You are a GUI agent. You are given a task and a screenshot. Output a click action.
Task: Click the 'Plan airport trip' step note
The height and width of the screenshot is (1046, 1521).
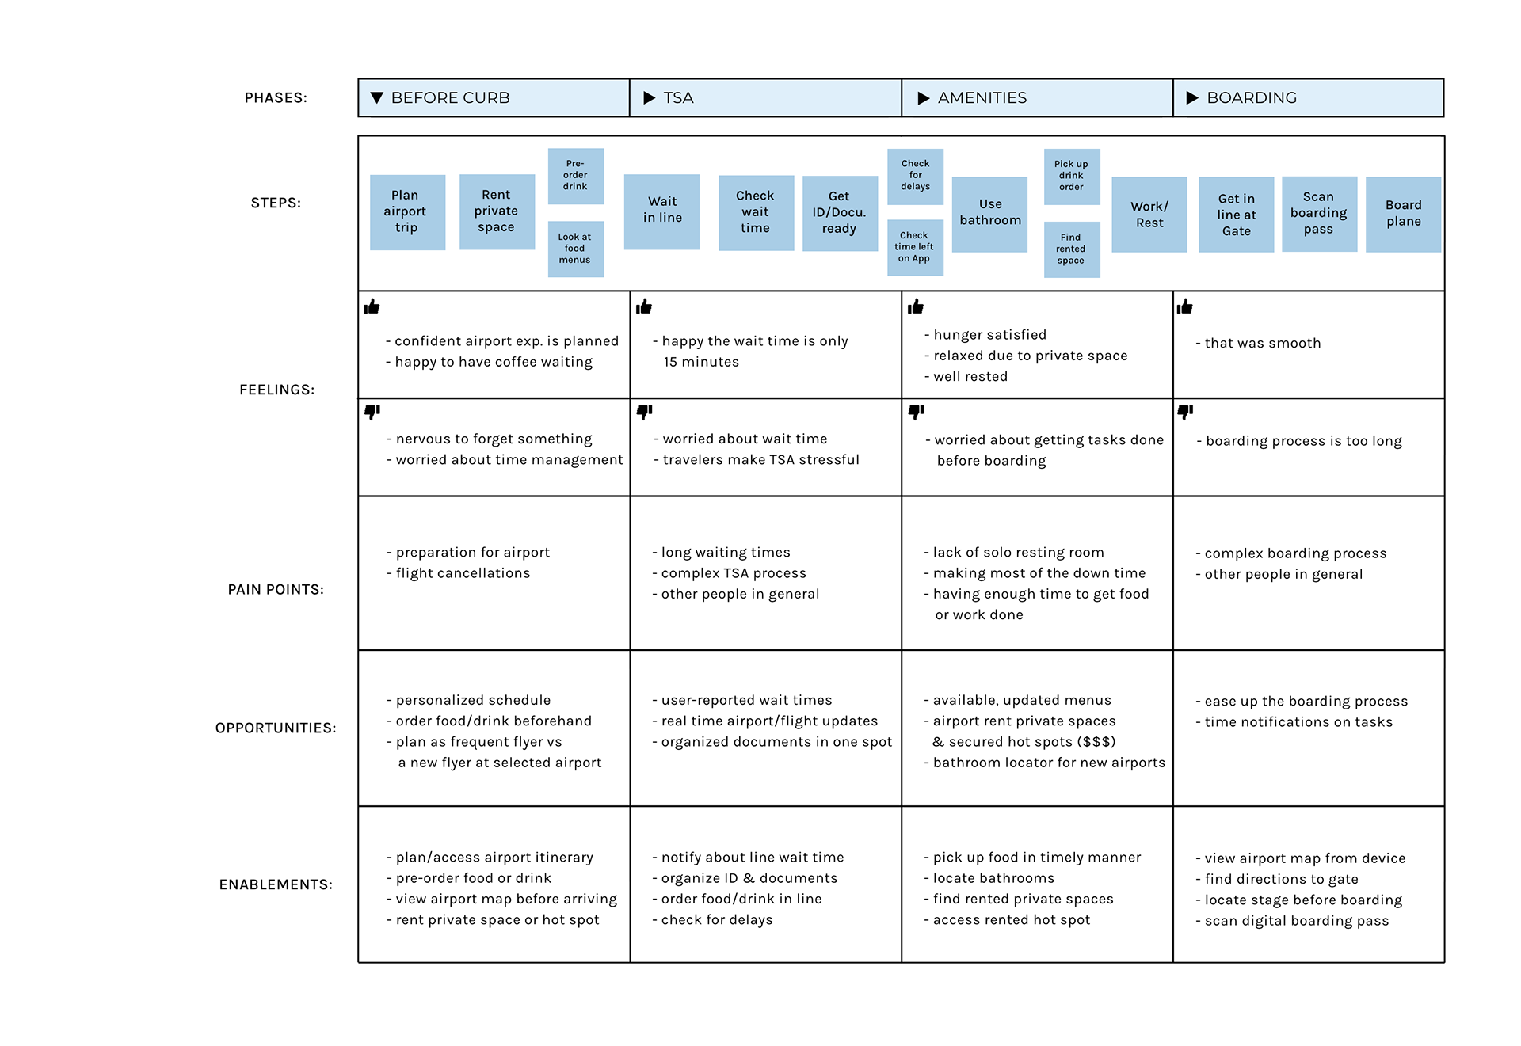point(407,212)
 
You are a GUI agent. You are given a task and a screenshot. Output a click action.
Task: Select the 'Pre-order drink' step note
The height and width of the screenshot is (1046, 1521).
point(576,176)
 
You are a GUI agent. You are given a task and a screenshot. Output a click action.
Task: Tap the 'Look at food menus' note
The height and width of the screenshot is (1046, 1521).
point(576,249)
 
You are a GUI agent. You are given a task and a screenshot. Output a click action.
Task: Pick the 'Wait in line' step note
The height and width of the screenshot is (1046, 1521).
point(661,211)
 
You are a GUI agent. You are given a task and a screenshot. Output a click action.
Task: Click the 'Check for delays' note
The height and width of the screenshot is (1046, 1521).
point(915,176)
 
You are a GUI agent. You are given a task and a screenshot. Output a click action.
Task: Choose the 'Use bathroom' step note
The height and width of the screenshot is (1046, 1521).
point(989,214)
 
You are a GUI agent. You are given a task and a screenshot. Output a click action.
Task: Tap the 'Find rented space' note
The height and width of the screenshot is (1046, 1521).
point(1072,249)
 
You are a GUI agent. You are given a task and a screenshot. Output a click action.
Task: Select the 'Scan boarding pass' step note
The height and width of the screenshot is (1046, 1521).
point(1319,214)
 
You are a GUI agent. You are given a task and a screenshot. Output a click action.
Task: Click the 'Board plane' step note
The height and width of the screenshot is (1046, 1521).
point(1403,214)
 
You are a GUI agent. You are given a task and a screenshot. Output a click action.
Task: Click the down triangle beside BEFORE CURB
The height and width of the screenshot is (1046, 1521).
point(377,97)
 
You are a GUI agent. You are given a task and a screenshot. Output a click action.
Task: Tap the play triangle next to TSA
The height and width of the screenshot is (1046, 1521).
point(650,97)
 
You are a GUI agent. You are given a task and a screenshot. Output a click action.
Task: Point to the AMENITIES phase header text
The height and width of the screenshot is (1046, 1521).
point(982,97)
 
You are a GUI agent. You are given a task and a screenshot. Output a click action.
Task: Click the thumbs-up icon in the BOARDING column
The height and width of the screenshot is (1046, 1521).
point(1185,306)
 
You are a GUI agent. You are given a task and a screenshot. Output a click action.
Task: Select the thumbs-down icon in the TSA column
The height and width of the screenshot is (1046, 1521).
point(645,412)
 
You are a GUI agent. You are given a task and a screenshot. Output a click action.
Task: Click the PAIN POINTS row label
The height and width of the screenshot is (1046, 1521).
point(276,589)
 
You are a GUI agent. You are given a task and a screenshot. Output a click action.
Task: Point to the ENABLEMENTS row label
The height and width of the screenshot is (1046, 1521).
point(276,884)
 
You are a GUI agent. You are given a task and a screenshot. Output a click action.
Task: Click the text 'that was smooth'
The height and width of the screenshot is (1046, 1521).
point(1263,343)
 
